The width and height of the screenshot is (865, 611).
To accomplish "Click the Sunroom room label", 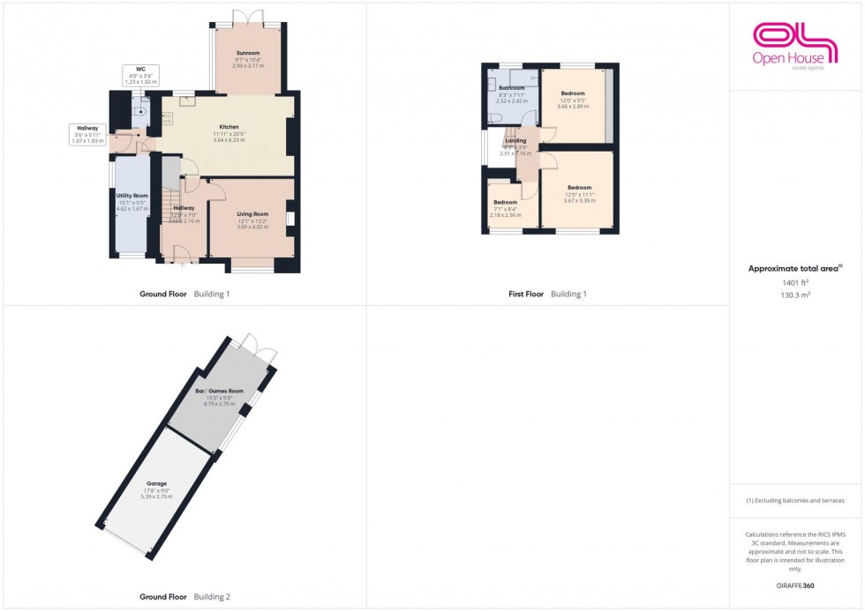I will point(248,53).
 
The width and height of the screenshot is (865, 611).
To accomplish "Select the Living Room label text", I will point(252,213).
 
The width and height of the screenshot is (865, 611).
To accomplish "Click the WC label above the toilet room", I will point(139,69).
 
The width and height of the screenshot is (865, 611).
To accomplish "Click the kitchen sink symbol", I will point(187,101).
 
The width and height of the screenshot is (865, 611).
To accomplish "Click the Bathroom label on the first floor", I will point(512,88).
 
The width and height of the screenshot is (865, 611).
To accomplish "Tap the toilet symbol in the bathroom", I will point(497,118).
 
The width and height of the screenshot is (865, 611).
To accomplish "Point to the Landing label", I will point(515,140).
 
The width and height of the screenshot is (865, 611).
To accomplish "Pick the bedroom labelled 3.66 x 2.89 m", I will point(574,93).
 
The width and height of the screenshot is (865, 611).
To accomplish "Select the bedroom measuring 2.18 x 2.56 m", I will point(506,202).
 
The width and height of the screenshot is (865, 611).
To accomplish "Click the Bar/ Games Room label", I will point(219,390).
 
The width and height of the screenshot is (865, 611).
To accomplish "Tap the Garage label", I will point(158,483).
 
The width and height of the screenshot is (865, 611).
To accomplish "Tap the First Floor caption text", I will point(523,294).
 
